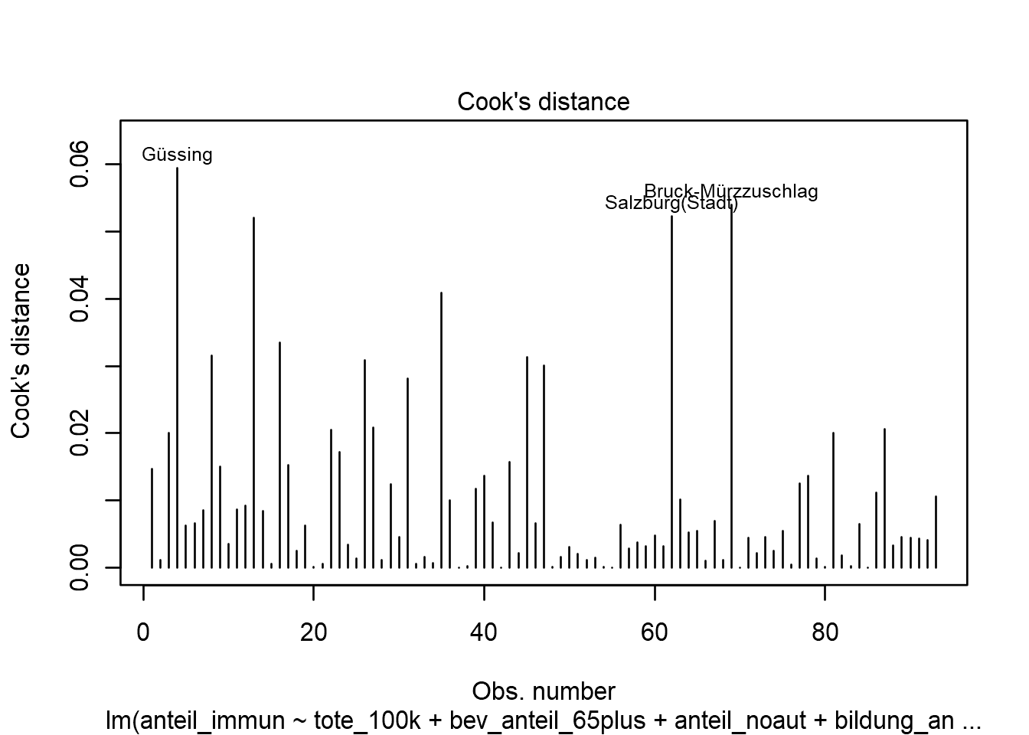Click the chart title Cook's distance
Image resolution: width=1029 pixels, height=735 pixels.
pyautogui.click(x=543, y=102)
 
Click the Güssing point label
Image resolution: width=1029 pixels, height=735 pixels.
pyautogui.click(x=177, y=155)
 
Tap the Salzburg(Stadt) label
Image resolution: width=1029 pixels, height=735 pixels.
pyautogui.click(x=671, y=204)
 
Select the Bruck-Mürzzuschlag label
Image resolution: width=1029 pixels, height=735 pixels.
pyautogui.click(x=730, y=191)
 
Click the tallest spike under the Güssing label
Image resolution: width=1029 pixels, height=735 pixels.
pyautogui.click(x=177, y=367)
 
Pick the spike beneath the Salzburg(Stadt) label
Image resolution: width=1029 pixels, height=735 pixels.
pyautogui.click(x=671, y=390)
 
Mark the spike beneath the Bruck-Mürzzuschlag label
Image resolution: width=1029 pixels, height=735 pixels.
pyautogui.click(x=731, y=383)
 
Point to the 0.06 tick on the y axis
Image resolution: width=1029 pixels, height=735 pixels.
pyautogui.click(x=80, y=165)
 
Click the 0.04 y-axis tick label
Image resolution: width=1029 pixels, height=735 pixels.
pyautogui.click(x=80, y=299)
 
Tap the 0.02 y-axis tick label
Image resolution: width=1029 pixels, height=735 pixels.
pyautogui.click(x=80, y=433)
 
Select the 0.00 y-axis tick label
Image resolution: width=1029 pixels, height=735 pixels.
pyautogui.click(x=80, y=567)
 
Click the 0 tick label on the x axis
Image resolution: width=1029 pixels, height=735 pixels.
pyautogui.click(x=143, y=633)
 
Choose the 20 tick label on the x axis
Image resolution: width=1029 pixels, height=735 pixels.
pyautogui.click(x=313, y=633)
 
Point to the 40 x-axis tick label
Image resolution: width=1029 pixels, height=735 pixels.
pyautogui.click(x=484, y=633)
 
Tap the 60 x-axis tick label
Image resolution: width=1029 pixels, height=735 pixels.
pyautogui.click(x=655, y=633)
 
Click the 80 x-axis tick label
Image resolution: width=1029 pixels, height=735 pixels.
pyautogui.click(x=825, y=633)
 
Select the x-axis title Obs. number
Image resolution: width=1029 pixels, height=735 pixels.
pyautogui.click(x=543, y=691)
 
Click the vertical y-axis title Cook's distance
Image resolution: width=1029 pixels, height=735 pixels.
pyautogui.click(x=21, y=351)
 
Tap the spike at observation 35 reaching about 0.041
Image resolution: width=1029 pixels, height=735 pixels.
pyautogui.click(x=441, y=429)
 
